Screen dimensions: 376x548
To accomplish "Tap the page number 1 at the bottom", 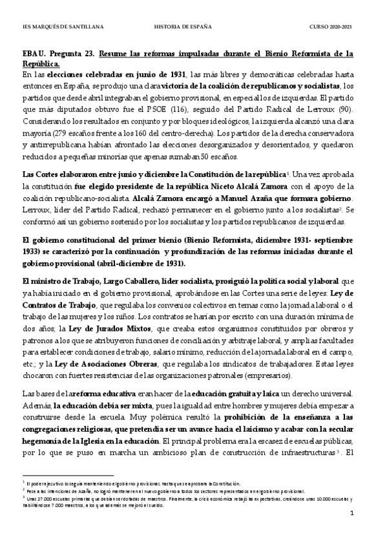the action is click(x=350, y=531).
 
